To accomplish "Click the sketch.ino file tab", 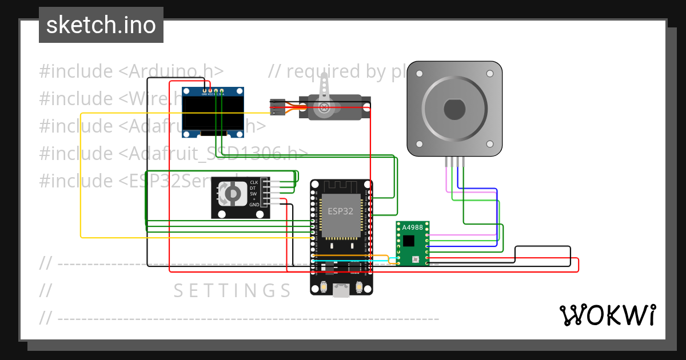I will [101, 25].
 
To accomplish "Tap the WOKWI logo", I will [607, 315].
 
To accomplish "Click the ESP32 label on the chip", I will [340, 211].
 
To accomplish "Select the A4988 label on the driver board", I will [412, 227].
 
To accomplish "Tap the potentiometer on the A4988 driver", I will [415, 259].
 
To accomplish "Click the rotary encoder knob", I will [233, 195].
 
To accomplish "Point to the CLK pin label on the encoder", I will [254, 182].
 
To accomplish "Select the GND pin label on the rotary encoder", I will [254, 205].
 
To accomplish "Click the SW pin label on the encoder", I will [253, 193].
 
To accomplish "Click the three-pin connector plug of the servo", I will [277, 107].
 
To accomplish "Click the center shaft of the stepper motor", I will [454, 109].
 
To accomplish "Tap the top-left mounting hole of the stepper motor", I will [419, 74].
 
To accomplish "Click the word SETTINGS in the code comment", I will [232, 291].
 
